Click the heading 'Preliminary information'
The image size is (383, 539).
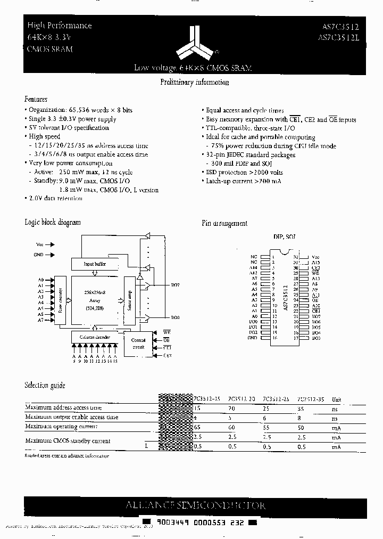coord(195,83)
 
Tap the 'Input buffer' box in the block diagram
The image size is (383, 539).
coord(95,264)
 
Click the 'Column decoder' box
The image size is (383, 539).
coord(96,336)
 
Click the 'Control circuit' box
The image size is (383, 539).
coord(138,344)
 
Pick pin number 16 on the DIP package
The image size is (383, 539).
coord(273,338)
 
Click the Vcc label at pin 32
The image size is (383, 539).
coord(315,257)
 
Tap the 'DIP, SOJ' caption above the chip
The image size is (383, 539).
coord(285,236)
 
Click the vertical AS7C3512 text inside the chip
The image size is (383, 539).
coord(285,299)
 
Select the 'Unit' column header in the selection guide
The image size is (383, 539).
coord(337,399)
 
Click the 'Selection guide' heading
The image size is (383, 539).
coord(45,385)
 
